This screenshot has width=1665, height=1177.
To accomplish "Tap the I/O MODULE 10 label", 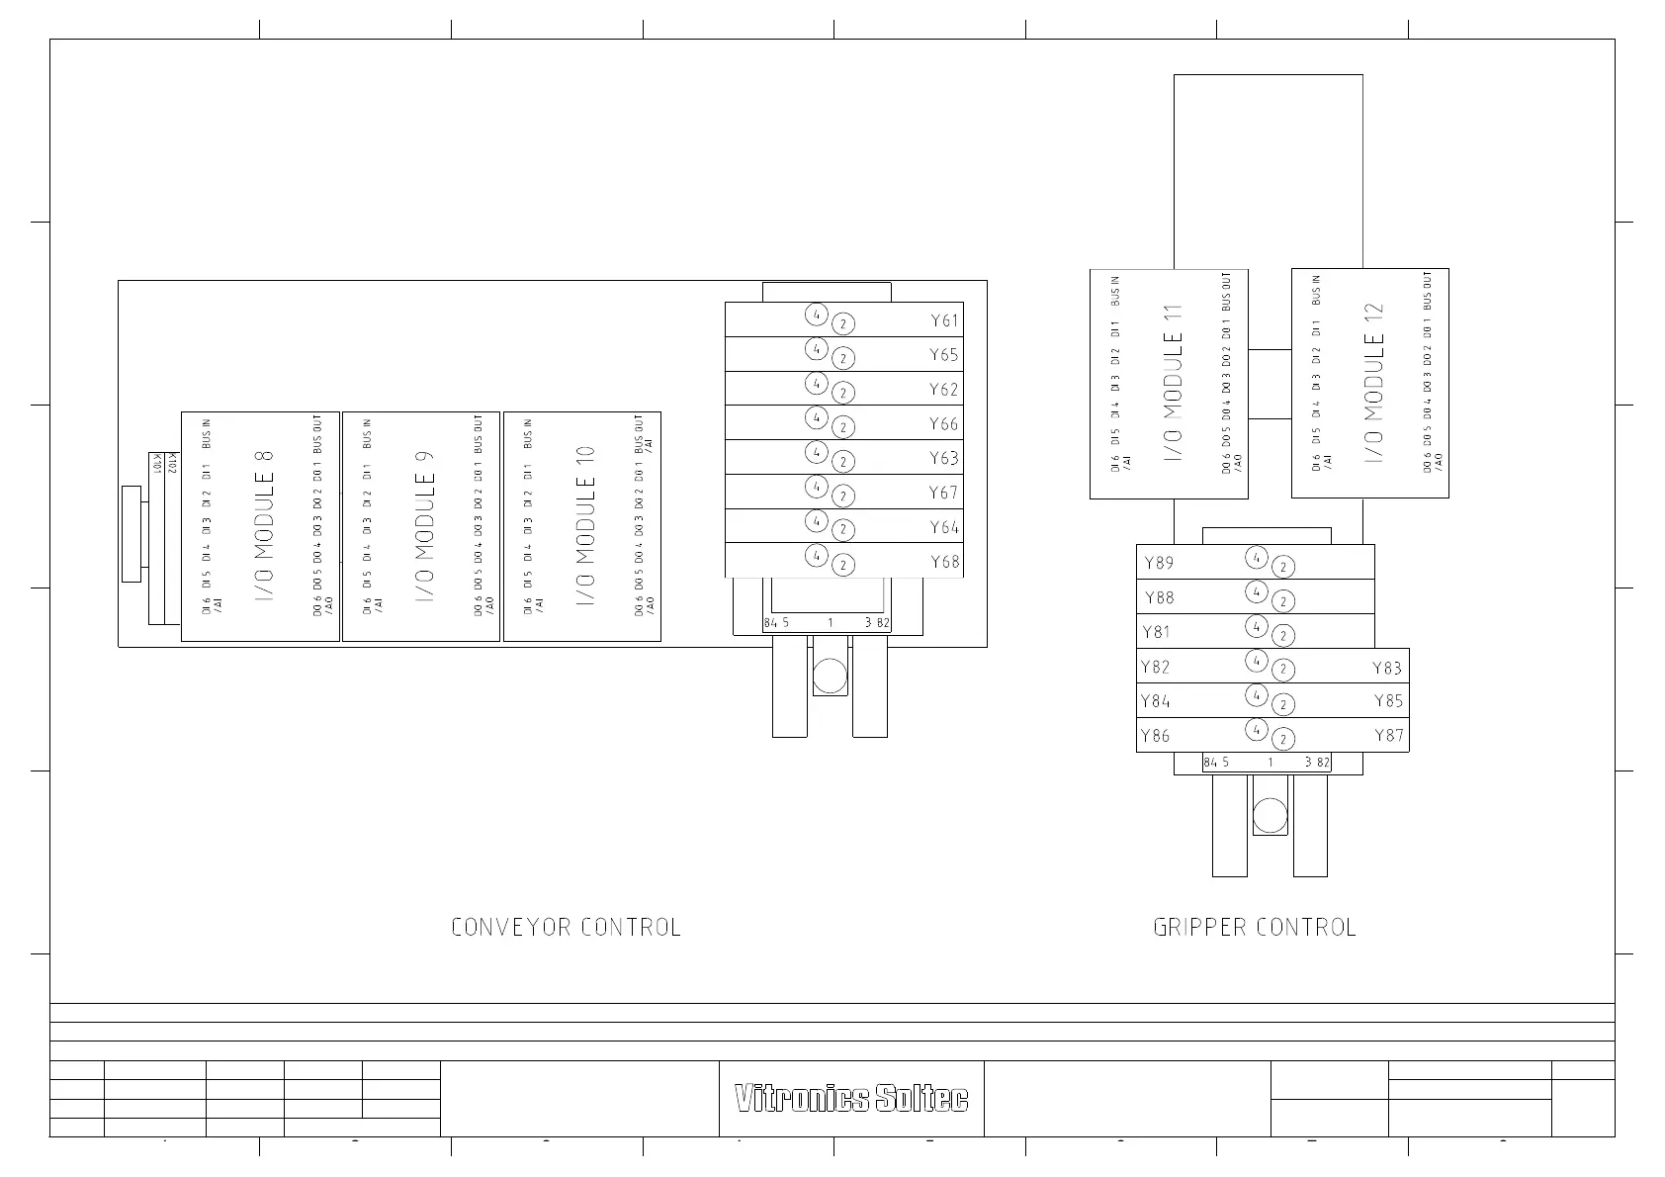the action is point(586,526).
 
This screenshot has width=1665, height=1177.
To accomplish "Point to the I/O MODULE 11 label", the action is point(1174,384).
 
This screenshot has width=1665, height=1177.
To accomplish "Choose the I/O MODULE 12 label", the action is point(1374,383).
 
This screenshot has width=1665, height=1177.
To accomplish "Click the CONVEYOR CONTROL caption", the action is point(566,928).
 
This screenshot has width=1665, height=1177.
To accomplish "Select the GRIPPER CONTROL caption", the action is point(1255,928).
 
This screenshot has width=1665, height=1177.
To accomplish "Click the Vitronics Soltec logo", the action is point(851,1099).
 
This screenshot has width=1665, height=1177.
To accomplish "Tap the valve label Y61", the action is point(944,320).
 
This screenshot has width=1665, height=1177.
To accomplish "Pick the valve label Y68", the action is point(944,562).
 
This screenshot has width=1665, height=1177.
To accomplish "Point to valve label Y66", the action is point(944,424).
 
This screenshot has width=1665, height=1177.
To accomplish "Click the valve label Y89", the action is point(1159,563).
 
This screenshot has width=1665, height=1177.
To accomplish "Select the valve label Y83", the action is point(1387,668).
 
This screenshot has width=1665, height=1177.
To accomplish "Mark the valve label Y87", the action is point(1388,735).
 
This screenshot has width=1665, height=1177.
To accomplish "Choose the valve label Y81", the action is point(1156,632).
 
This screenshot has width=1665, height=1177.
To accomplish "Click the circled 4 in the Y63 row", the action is point(816,452).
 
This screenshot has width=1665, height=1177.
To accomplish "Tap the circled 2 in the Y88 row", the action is point(1282,601).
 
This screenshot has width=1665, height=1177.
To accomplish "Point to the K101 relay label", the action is point(156,463).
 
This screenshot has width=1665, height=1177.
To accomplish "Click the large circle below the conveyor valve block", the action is point(830,677).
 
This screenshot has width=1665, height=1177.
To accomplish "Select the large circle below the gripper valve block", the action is point(1270,816).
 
